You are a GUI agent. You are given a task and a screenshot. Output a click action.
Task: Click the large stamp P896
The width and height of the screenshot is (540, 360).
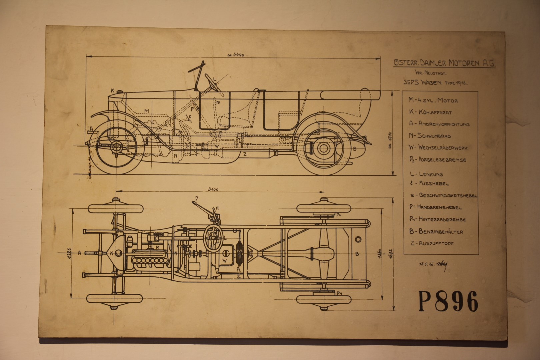click(x=447, y=301)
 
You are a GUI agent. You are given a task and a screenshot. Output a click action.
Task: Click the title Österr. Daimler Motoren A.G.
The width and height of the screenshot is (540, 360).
click(x=440, y=63)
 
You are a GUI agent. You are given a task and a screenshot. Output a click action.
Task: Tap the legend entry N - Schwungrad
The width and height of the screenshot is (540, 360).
click(x=430, y=136)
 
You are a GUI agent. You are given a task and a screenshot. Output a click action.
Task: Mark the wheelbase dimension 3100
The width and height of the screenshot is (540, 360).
click(x=212, y=189)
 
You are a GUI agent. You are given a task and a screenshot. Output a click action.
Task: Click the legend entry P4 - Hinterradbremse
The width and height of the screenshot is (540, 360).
click(x=438, y=219)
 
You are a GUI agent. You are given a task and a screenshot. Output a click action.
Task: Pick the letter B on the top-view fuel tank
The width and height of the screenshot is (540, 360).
click(x=357, y=254)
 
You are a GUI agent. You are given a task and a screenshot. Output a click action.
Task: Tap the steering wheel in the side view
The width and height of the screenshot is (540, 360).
click(x=212, y=83)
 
